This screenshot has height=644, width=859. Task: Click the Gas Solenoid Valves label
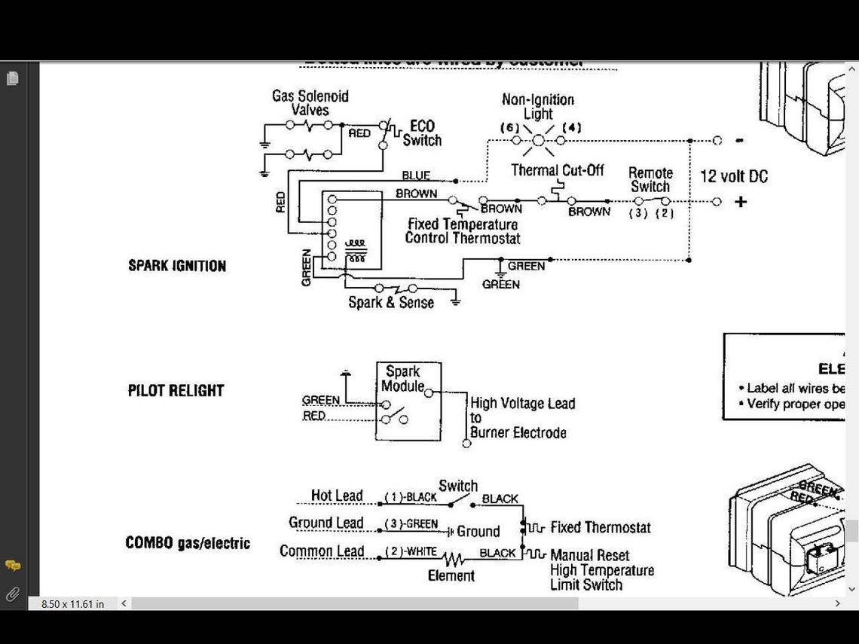[310, 103]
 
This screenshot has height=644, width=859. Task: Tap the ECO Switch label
[422, 133]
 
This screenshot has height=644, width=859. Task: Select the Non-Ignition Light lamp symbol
[538, 139]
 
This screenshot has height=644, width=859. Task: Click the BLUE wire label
[416, 175]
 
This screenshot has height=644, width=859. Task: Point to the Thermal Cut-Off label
[558, 170]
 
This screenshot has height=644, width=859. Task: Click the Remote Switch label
[650, 179]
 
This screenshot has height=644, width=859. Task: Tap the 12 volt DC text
[734, 176]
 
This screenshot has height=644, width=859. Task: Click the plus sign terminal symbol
[741, 202]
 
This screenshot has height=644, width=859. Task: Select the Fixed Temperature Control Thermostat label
[462, 231]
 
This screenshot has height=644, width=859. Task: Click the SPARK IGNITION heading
[177, 266]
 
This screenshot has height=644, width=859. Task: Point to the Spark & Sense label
[391, 303]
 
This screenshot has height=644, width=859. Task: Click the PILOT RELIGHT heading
[176, 391]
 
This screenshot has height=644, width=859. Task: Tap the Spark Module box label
[402, 379]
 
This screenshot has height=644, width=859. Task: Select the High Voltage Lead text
[522, 404]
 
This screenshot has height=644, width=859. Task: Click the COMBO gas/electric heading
[188, 543]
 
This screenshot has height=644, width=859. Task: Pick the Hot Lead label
[337, 496]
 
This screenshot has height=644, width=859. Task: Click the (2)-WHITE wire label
[411, 552]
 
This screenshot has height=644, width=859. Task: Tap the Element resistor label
[451, 576]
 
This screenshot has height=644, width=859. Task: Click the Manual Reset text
[590, 556]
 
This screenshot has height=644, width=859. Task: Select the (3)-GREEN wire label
[411, 523]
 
